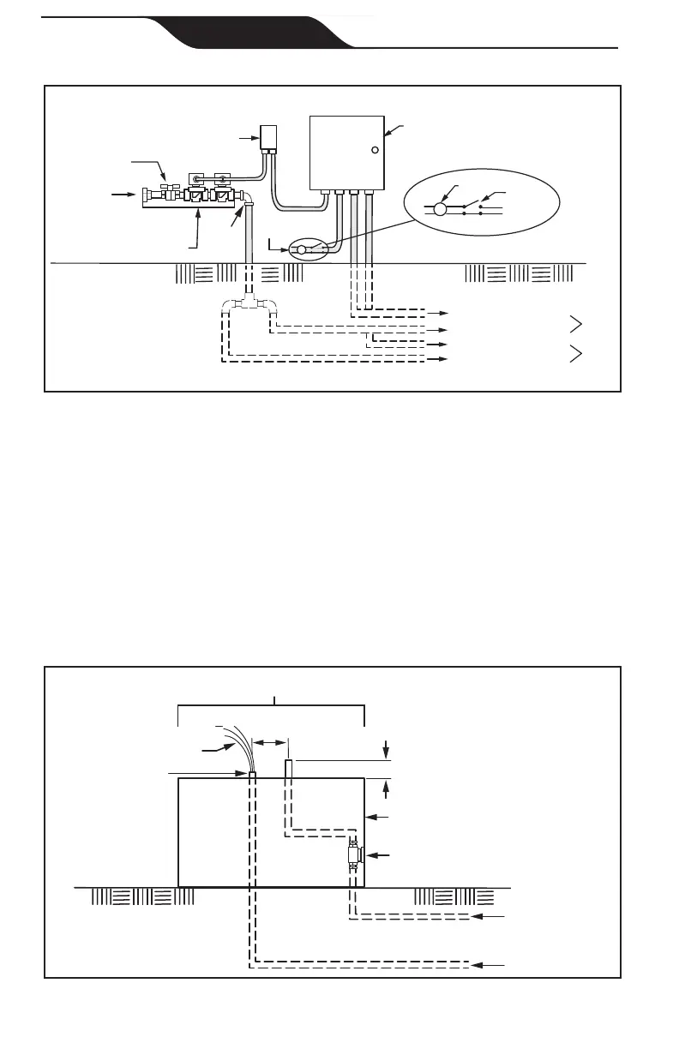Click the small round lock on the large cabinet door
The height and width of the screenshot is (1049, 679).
(x=375, y=150)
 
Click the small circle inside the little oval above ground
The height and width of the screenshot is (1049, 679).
(x=301, y=250)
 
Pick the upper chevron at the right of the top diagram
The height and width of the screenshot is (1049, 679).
(x=576, y=324)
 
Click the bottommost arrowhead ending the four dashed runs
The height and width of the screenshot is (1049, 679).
(x=442, y=360)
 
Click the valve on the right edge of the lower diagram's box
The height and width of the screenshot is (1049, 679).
(x=354, y=855)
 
